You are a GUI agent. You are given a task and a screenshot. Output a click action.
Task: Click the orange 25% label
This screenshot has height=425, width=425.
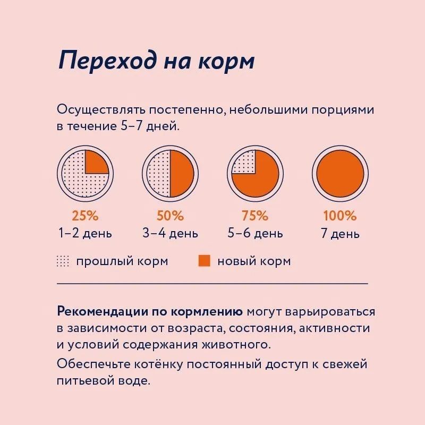tap(85, 216)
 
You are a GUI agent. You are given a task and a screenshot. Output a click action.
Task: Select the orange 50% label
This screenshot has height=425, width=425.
tap(170, 216)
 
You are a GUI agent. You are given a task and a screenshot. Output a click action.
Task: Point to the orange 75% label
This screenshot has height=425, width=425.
tap(255, 216)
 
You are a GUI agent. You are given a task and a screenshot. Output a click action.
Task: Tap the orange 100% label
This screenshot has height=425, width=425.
tap(340, 216)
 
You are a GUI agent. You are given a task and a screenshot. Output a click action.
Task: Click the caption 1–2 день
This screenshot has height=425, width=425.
tap(85, 233)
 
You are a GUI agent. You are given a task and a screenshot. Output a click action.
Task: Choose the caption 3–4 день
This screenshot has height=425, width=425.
tap(170, 233)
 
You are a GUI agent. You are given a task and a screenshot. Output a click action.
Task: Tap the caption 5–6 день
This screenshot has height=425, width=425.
tap(255, 233)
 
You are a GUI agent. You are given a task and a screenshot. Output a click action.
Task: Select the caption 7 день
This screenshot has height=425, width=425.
tap(340, 234)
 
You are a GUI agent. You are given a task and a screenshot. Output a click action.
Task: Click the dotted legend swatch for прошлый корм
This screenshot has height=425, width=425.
tap(63, 261)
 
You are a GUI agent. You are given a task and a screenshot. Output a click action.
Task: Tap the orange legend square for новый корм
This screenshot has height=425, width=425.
tap(205, 261)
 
